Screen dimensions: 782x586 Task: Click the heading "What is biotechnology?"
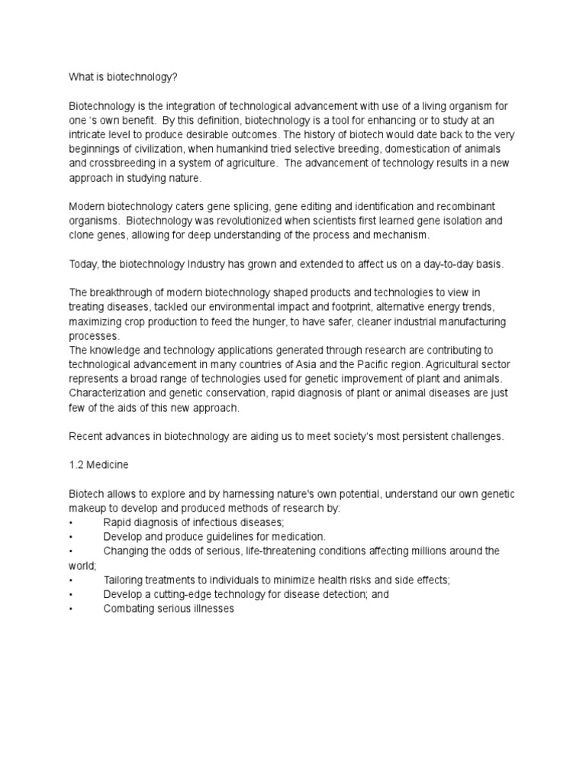pos(122,77)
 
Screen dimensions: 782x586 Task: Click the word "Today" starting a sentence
pos(82,264)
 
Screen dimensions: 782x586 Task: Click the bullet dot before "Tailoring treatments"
pos(70,580)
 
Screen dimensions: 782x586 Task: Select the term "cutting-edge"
pos(185,594)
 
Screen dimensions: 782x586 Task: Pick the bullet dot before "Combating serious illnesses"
pos(70,609)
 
